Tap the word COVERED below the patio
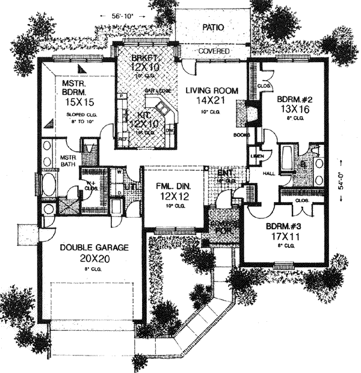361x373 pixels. (x=214, y=52)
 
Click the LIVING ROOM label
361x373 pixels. (x=212, y=91)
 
